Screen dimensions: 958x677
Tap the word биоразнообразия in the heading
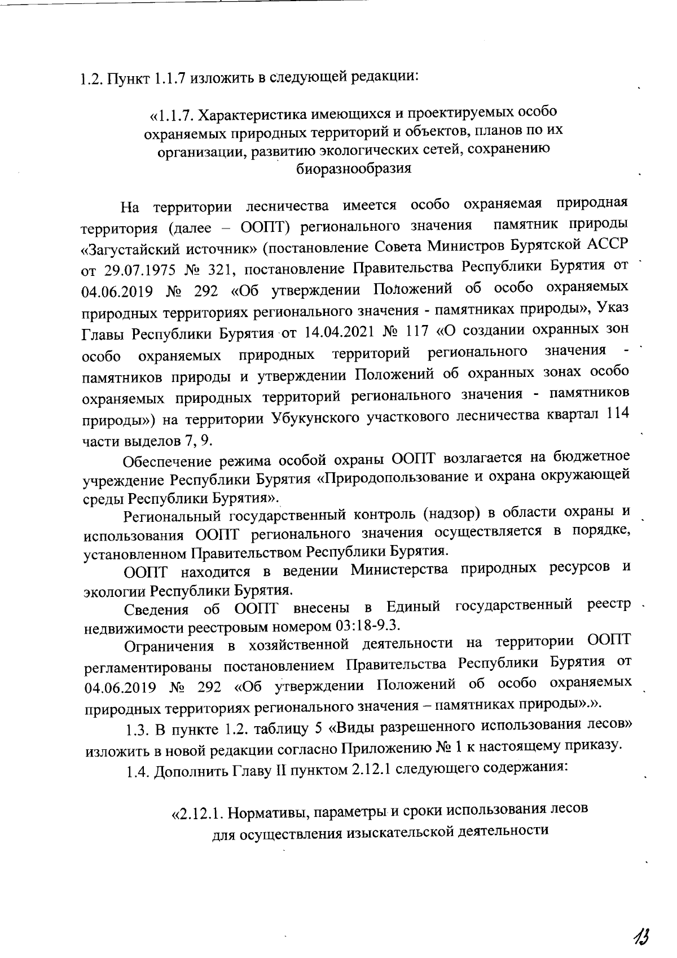[354, 168]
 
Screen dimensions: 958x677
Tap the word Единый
[412, 607]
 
